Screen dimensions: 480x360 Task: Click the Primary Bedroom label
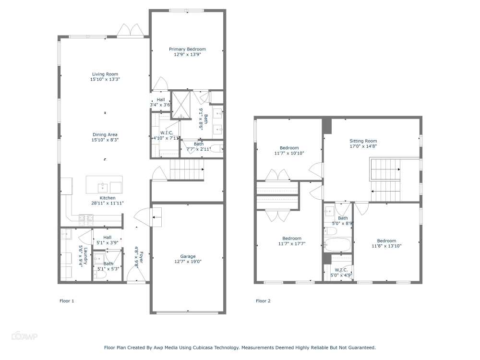click(x=187, y=49)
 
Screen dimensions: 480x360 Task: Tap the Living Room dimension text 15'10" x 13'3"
click(x=105, y=79)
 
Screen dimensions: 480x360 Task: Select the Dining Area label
click(x=105, y=135)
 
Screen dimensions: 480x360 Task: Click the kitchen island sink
click(x=103, y=187)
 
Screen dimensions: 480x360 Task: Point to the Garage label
click(x=188, y=256)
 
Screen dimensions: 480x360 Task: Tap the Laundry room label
click(x=85, y=256)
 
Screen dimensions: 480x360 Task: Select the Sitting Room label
click(x=363, y=141)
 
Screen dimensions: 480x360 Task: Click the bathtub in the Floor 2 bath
click(x=337, y=245)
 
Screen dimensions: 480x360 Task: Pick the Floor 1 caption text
click(x=67, y=301)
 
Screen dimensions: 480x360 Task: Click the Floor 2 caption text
click(x=263, y=301)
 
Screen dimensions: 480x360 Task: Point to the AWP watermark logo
click(x=24, y=336)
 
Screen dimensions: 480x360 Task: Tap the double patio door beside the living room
click(x=130, y=31)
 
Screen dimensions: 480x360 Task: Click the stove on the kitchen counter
click(x=86, y=217)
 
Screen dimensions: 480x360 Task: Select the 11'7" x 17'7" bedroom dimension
click(x=292, y=244)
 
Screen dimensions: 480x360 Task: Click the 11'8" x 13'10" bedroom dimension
click(x=386, y=246)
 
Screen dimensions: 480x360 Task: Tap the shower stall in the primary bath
click(x=181, y=105)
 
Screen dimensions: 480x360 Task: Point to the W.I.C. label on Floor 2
click(x=341, y=270)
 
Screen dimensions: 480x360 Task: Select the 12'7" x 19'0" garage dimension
click(x=188, y=262)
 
